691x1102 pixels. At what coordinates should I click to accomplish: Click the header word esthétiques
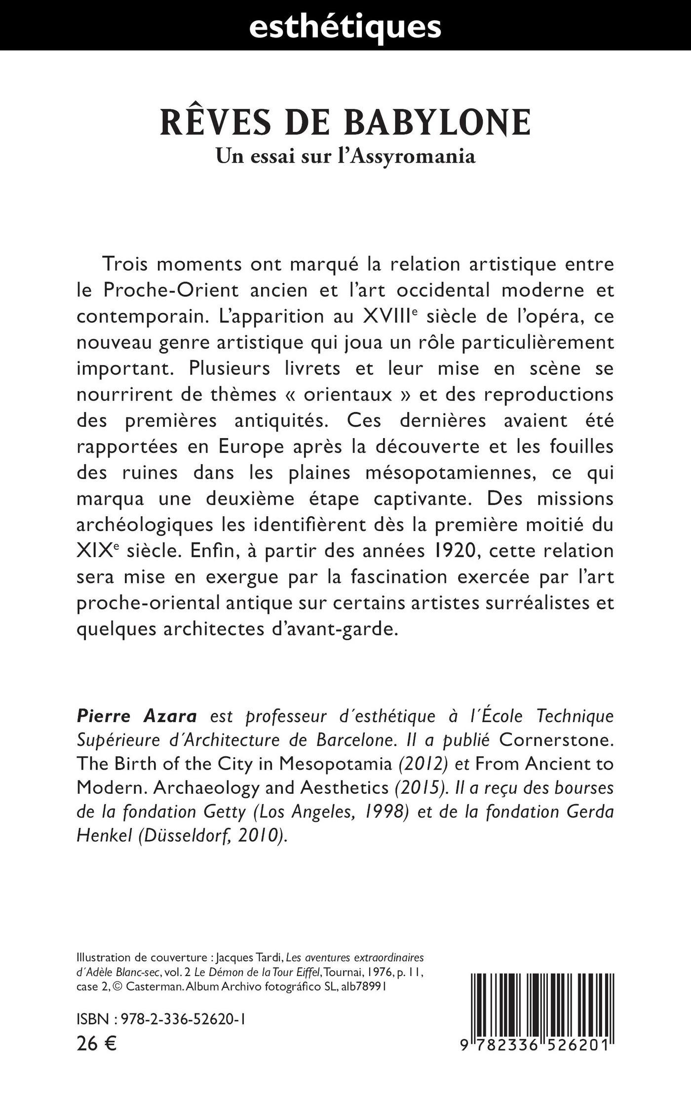click(x=345, y=26)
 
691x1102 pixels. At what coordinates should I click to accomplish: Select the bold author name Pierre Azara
click(x=137, y=716)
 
